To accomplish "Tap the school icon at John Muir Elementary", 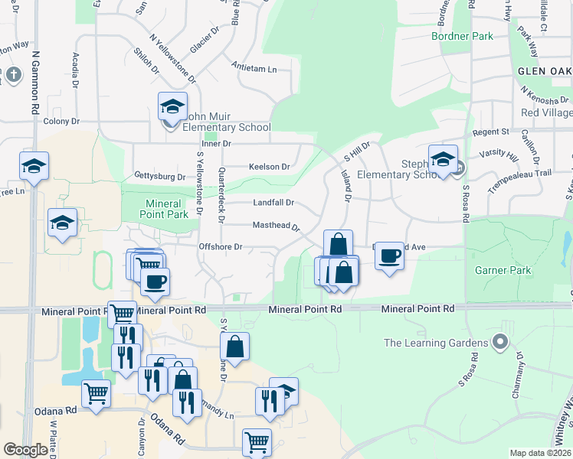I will coord(172,106).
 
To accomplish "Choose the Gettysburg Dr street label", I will coord(159,177).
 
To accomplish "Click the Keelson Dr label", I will coord(269,167).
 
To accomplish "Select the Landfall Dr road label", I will coord(273,203).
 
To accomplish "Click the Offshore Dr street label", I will coord(221,247).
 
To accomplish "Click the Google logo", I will coord(25,450).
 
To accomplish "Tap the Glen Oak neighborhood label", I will coord(545,70).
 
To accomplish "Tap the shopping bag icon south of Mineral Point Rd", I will coord(237,346).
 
